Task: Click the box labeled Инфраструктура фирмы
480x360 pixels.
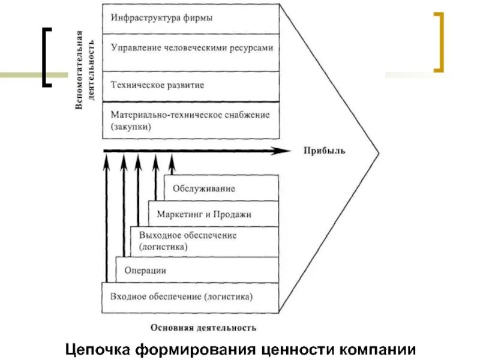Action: (x=191, y=19)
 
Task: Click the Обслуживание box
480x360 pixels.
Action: (x=221, y=188)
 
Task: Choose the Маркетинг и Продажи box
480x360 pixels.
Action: (x=214, y=214)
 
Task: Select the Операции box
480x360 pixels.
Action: (x=197, y=270)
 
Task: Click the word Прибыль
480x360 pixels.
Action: (x=323, y=151)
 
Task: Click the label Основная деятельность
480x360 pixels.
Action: (x=203, y=328)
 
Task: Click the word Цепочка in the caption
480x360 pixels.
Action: (x=96, y=349)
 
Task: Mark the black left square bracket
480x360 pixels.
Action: (x=46, y=57)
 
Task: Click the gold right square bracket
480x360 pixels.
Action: (x=440, y=42)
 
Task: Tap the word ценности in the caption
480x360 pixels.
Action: (x=298, y=349)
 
